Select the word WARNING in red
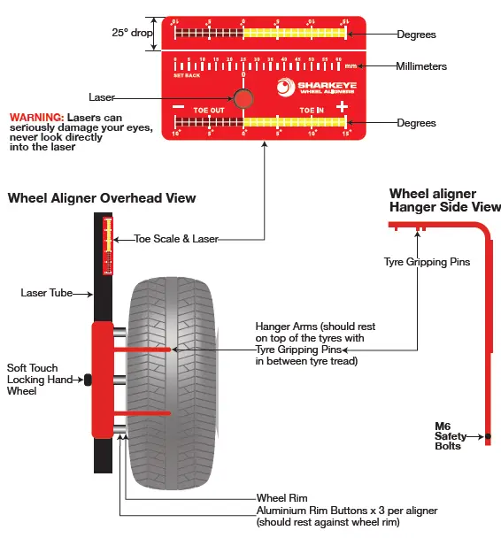(x=35, y=117)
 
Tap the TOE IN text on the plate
(x=312, y=111)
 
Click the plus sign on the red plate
(x=342, y=107)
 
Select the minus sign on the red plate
(x=178, y=107)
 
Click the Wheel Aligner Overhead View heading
(x=102, y=198)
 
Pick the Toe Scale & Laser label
(x=176, y=239)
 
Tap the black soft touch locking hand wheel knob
(x=88, y=380)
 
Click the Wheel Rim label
(x=281, y=498)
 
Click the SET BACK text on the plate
(x=188, y=76)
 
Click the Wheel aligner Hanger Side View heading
(x=444, y=200)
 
